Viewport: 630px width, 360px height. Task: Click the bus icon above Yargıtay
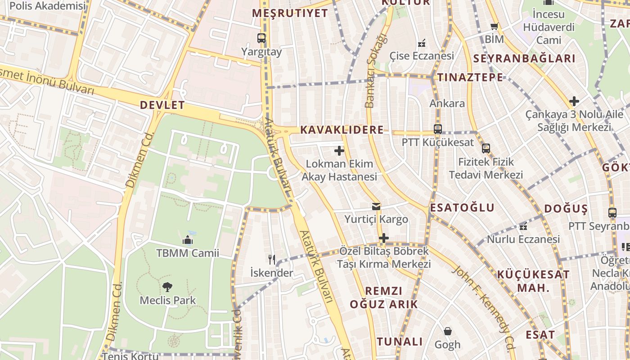[x=261, y=38]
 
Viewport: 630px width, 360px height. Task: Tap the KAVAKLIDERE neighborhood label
[x=342, y=130]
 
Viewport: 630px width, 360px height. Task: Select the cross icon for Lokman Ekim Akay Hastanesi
[x=339, y=151]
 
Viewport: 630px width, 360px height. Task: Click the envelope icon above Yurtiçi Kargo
[x=376, y=207]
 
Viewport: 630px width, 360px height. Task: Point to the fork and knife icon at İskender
[x=271, y=259]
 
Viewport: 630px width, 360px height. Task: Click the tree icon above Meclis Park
[x=167, y=287]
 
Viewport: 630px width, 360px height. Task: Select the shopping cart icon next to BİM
[x=494, y=27]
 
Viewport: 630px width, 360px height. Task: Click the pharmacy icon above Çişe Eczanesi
[x=422, y=43]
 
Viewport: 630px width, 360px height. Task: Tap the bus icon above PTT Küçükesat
[x=437, y=129]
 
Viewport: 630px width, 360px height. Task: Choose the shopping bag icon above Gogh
[x=447, y=332]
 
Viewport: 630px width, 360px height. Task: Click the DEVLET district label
[x=162, y=105]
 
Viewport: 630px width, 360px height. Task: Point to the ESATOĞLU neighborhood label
[x=462, y=208]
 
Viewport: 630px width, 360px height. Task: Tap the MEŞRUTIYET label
[x=290, y=13]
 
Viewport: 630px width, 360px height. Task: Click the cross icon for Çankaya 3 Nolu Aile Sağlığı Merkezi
[x=574, y=101]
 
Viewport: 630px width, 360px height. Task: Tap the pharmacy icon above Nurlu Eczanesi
[x=523, y=226]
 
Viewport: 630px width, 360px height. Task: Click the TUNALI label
[x=400, y=342]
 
